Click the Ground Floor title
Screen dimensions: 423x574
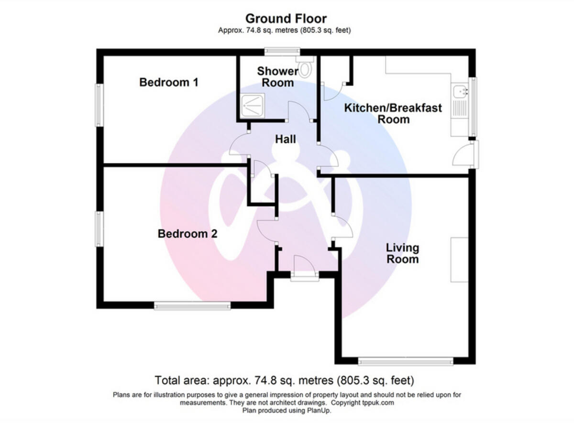pos(286,19)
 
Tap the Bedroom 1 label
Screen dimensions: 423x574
pos(168,82)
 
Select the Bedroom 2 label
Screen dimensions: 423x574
pos(188,234)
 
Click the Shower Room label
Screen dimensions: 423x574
pos(277,77)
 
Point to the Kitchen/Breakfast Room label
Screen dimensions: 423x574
pos(393,113)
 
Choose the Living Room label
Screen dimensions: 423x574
pos(402,253)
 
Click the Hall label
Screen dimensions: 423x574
pos(285,140)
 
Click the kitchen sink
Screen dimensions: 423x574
pos(461,90)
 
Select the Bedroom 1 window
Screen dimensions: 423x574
pos(99,105)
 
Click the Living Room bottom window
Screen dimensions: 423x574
pos(406,361)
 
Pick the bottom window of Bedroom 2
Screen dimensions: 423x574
pos(192,305)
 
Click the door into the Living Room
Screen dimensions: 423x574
pos(342,228)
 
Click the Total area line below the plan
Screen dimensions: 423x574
pos(284,381)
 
